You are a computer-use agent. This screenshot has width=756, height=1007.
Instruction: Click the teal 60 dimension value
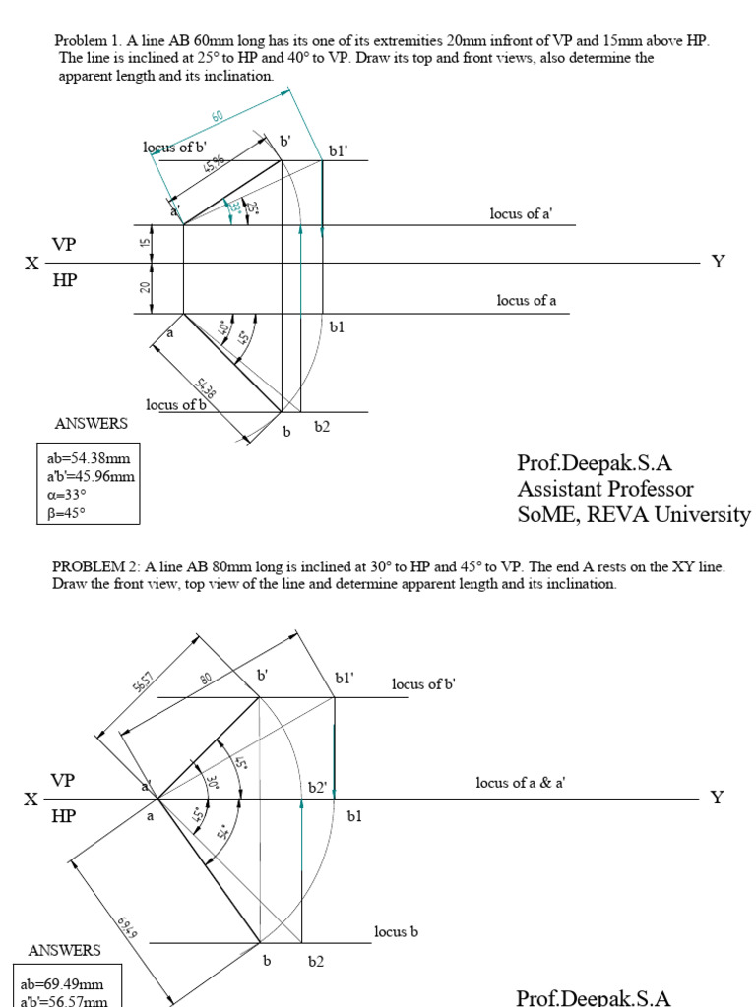[218, 115]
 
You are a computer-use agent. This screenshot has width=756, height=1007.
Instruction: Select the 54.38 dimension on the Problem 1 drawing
[207, 390]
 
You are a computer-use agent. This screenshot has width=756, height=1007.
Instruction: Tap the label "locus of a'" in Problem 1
[520, 213]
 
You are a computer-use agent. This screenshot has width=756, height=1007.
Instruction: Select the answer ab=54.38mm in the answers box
[89, 458]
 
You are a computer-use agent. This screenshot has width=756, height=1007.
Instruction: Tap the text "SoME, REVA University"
[634, 514]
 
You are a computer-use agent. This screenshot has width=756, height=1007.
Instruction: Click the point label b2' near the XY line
[317, 788]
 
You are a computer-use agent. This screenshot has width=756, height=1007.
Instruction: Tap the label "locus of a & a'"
[520, 783]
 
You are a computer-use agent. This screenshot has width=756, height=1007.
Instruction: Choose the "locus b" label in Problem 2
[397, 931]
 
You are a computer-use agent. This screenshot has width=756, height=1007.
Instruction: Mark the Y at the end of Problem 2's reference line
[717, 798]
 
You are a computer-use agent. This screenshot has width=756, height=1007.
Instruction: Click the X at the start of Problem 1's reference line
[32, 264]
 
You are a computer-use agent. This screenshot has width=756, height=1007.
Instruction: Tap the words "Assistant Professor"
[605, 489]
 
